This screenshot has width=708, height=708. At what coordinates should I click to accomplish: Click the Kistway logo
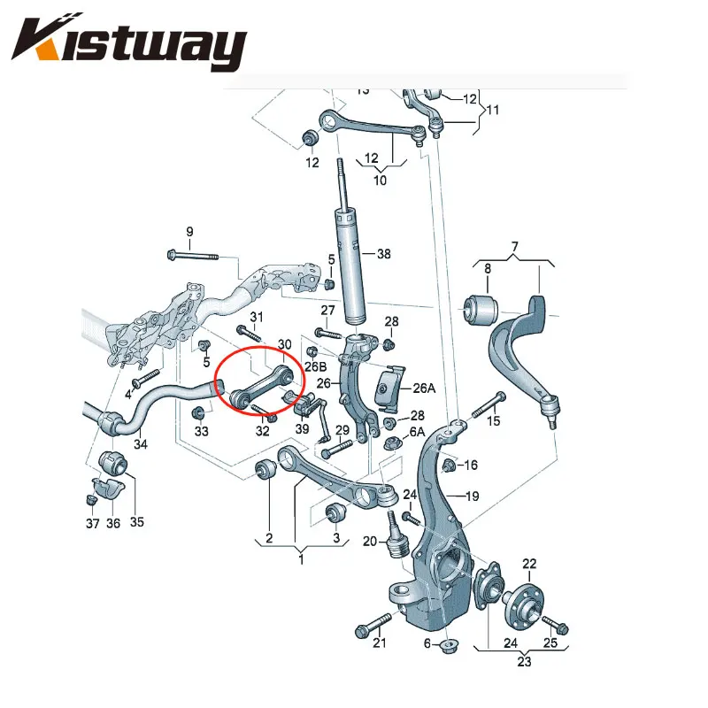(x=129, y=42)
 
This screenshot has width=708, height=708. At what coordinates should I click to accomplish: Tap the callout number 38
(x=383, y=254)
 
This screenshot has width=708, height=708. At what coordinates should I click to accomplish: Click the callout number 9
(x=189, y=232)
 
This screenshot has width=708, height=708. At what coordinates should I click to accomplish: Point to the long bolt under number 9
(x=193, y=256)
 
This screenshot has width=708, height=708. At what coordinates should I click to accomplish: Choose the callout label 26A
(x=424, y=388)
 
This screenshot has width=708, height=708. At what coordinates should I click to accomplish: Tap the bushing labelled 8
(x=481, y=310)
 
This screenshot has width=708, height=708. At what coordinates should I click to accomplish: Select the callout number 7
(x=515, y=247)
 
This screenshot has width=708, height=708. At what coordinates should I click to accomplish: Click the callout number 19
(x=472, y=496)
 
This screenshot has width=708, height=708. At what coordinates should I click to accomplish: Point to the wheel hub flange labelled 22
(x=524, y=604)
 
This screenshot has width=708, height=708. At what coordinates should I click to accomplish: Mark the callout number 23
(x=524, y=661)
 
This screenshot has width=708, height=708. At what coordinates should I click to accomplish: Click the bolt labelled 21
(x=373, y=625)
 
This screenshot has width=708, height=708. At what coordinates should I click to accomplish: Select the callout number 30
(x=284, y=344)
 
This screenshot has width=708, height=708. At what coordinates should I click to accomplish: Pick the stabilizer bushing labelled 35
(x=113, y=463)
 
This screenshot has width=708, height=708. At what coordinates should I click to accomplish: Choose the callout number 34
(x=141, y=444)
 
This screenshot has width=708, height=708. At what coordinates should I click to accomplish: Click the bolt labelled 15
(x=489, y=405)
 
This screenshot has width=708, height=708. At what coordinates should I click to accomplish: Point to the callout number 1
(x=301, y=559)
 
